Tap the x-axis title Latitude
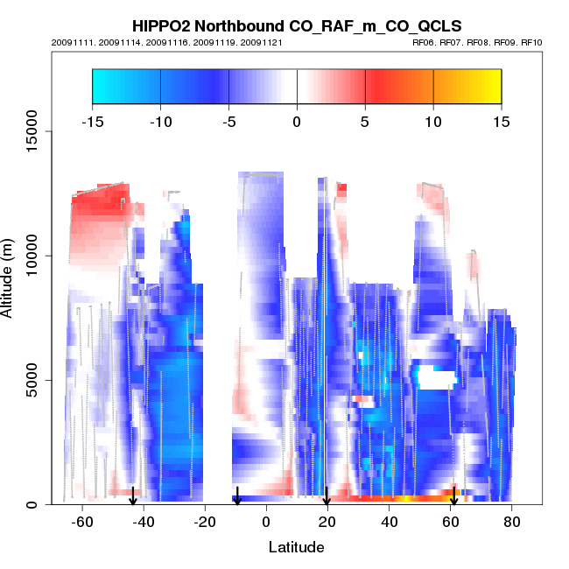point(296,547)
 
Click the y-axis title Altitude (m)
point(10,277)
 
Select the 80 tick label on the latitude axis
point(513,521)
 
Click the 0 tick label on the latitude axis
point(266,521)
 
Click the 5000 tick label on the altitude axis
point(32,380)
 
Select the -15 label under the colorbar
point(92,122)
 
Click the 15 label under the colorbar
point(501,122)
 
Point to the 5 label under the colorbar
point(365,122)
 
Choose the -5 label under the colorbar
point(228,122)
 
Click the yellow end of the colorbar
point(492,86)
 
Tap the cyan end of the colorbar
point(101,86)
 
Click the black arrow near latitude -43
point(133,496)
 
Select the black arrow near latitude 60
point(453,496)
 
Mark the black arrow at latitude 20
point(327,496)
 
